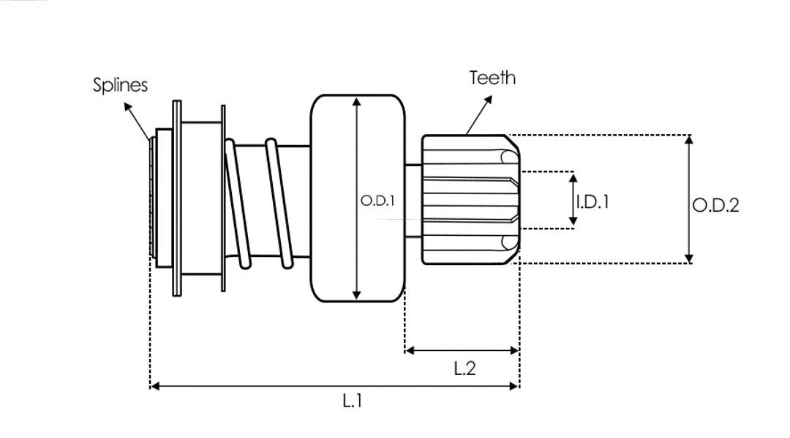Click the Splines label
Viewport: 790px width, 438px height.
(x=120, y=85)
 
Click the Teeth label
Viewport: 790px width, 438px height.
(x=492, y=78)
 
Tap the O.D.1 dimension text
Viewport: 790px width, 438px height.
(x=377, y=200)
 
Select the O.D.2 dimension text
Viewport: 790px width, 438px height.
(x=715, y=205)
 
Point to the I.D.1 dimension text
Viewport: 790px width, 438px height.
(x=592, y=201)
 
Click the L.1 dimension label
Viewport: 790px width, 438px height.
(x=353, y=401)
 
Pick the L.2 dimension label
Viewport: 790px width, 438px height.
(x=464, y=368)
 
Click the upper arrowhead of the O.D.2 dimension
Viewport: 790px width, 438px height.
(x=688, y=140)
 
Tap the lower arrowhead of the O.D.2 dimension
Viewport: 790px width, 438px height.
(x=688, y=258)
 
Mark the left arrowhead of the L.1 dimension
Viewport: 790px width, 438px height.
(x=154, y=385)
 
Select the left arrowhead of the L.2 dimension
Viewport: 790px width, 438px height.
(x=410, y=351)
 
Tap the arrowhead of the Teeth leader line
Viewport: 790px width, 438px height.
(x=488, y=98)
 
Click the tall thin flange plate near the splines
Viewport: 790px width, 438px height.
(x=177, y=198)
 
